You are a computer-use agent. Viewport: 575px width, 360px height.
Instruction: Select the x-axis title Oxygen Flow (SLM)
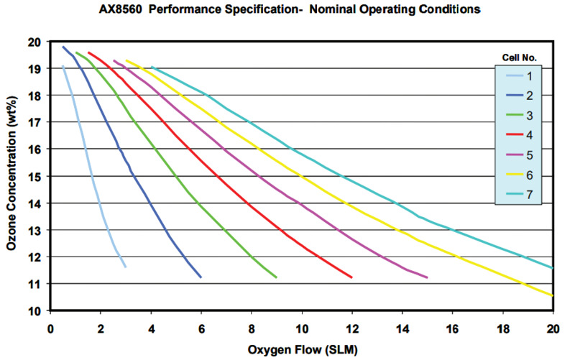pyautogui.click(x=303, y=350)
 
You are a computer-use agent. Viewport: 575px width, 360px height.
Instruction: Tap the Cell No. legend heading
pyautogui.click(x=518, y=57)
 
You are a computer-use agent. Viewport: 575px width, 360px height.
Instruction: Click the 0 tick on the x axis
pyautogui.click(x=50, y=330)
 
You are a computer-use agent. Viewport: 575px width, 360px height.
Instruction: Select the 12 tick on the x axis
pyautogui.click(x=352, y=330)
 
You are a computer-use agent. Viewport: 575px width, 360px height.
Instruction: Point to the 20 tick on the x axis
pyautogui.click(x=553, y=330)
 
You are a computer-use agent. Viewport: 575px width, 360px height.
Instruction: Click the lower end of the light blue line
pyautogui.click(x=125, y=267)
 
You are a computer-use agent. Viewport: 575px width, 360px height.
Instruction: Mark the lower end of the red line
pyautogui.click(x=351, y=277)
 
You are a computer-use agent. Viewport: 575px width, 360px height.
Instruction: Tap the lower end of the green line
pyautogui.click(x=276, y=277)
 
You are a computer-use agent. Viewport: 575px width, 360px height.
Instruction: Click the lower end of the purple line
pyautogui.click(x=427, y=277)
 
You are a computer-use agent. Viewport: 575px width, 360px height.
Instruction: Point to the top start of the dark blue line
pyautogui.click(x=63, y=47)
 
